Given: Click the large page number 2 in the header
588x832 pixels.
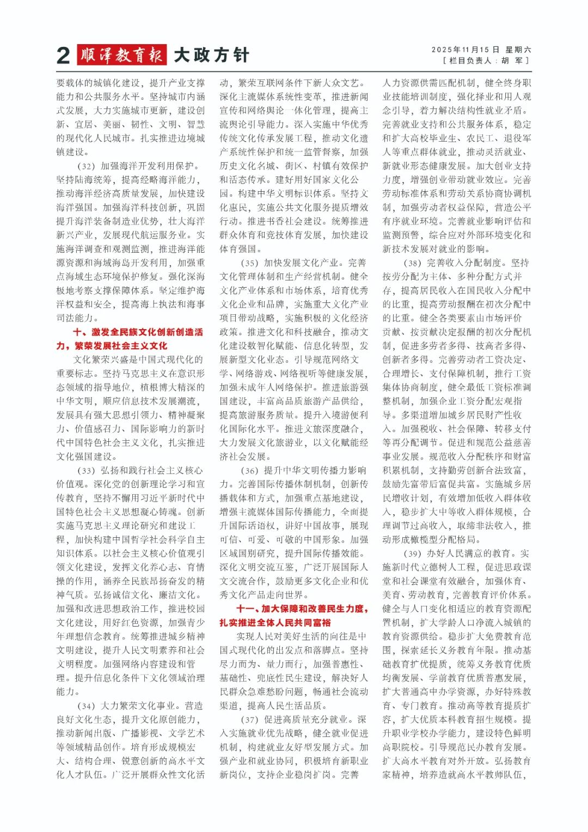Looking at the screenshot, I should click(64, 56).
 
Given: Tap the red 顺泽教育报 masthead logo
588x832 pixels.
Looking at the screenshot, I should click(121, 55).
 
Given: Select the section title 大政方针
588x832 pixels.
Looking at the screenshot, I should click(211, 55).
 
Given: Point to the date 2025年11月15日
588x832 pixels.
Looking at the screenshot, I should click(461, 50).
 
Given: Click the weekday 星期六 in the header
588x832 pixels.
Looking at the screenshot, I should click(518, 50).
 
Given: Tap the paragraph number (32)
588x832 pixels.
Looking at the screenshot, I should click(86, 166).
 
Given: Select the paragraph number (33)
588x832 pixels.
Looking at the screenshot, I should click(86, 470).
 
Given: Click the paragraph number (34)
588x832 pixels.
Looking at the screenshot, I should click(86, 706).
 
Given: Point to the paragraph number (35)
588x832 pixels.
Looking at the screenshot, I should click(249, 263).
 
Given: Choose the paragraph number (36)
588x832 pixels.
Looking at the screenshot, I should click(249, 470).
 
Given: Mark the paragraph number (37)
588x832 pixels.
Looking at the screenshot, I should click(249, 719).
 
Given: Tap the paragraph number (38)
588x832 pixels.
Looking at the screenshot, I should click(412, 263).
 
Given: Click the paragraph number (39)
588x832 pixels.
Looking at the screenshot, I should click(412, 553).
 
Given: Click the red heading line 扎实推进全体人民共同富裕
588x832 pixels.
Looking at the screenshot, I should click(275, 622).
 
